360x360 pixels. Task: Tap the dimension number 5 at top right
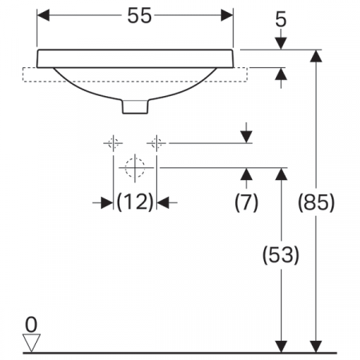pos(280,19)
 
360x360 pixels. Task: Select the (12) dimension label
pos(135,203)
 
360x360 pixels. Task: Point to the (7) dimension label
pos(246,203)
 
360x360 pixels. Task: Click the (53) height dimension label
pos(281,255)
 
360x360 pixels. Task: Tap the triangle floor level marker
pos(31,342)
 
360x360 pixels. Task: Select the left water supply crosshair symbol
pos(113,143)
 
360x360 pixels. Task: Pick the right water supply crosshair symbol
pos(157,143)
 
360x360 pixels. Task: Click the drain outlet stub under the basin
pos(134,106)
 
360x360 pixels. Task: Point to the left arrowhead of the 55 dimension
pos(45,16)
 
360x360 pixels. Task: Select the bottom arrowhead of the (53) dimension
pos(281,343)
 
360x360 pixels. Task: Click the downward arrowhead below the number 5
pos(280,43)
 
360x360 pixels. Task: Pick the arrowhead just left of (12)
pos(107,203)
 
